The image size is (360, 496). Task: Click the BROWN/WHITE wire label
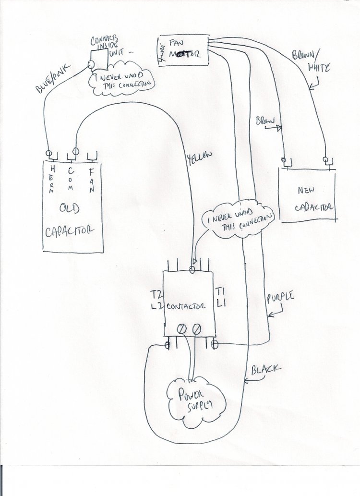point(311,62)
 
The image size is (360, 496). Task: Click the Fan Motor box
point(184,50)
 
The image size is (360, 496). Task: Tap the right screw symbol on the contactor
point(196,329)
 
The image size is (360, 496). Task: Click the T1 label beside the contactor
point(220,292)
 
